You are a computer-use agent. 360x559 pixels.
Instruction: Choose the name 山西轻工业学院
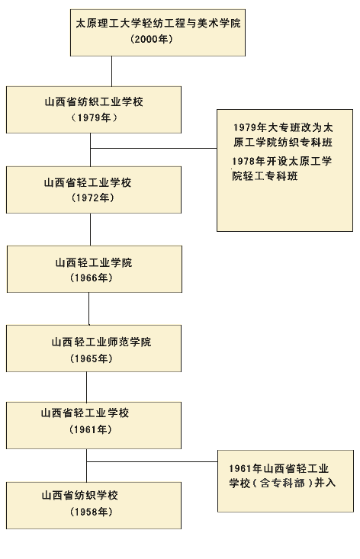tap(93, 262)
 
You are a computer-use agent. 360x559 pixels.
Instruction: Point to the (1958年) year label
tap(90, 512)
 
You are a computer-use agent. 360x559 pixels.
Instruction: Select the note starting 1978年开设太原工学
tap(283, 168)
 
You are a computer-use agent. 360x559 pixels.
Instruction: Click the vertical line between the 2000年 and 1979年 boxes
tap(111, 71)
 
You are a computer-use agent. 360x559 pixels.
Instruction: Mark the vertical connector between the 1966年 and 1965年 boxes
tap(89, 308)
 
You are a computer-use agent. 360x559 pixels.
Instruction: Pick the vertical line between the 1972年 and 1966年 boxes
tap(90, 229)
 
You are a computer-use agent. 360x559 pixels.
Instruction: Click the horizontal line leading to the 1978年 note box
tap(153, 148)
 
